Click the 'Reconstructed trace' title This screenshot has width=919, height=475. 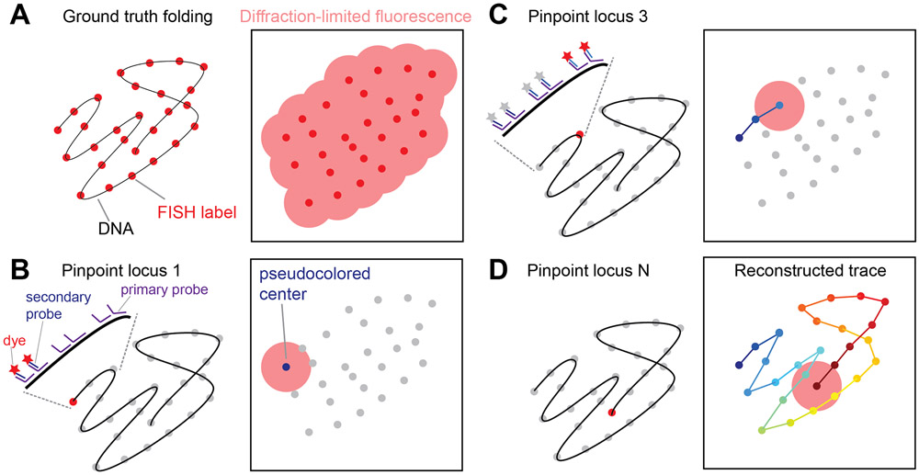coord(800,270)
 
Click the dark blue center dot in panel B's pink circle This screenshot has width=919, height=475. coord(285,368)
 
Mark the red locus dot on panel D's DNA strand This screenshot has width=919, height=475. coord(611,413)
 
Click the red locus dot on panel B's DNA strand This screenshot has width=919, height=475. coord(73,401)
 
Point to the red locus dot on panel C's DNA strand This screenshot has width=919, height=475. coord(579,135)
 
